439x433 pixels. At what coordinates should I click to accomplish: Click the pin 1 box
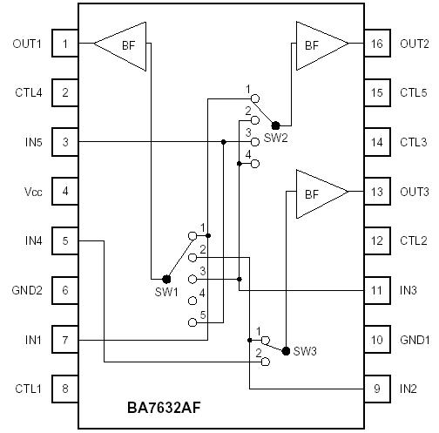pos(64,44)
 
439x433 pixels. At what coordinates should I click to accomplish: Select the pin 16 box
pos(376,44)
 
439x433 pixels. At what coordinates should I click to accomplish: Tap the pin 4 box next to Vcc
pos(64,189)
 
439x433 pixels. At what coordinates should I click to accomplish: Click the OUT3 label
pos(414,191)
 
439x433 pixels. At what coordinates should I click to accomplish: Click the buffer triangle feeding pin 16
pos(320,44)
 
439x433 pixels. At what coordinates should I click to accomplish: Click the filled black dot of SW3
pos(286,348)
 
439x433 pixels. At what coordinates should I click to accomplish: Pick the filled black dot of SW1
pos(166,279)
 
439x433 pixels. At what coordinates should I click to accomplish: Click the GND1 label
pos(414,339)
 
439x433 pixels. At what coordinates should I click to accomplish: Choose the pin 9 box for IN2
pos(376,388)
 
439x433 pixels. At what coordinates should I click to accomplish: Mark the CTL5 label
pos(414,92)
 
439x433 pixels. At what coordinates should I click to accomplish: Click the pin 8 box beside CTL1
pos(64,388)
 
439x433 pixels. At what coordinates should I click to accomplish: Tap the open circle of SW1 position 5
pos(192,322)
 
